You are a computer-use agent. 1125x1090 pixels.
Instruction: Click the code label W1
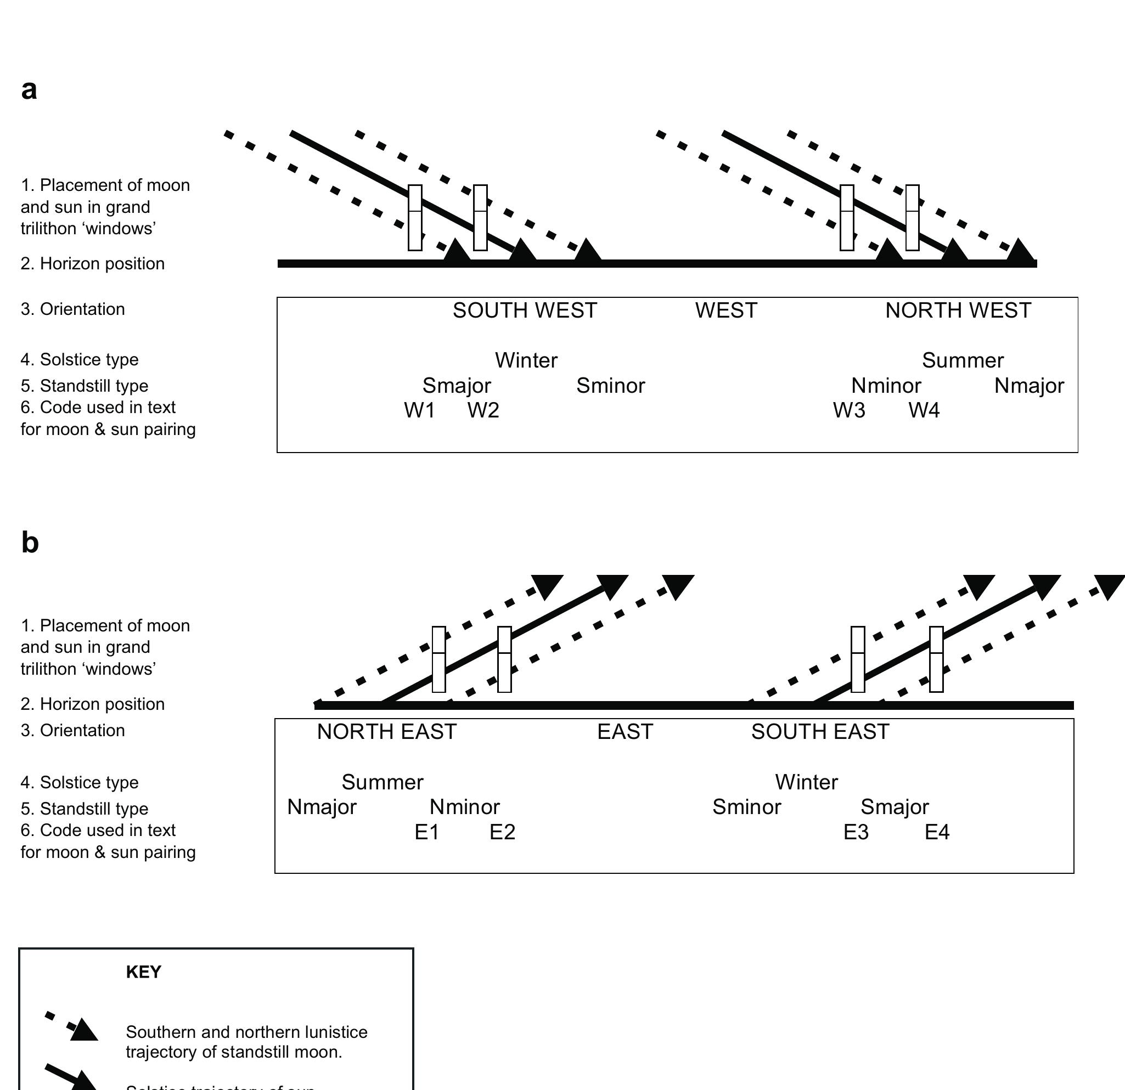click(x=420, y=411)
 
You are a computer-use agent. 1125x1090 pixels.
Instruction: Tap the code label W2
click(x=483, y=411)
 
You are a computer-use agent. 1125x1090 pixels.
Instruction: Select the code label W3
click(x=849, y=411)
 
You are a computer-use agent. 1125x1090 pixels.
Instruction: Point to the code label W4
click(x=924, y=411)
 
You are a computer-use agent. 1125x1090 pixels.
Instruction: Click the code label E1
click(x=427, y=832)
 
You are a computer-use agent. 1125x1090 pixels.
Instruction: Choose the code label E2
click(x=502, y=832)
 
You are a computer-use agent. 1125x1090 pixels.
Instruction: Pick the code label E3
click(x=856, y=832)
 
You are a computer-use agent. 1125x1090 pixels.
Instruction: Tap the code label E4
click(x=937, y=832)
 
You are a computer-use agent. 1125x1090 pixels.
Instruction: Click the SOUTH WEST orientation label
click(x=525, y=311)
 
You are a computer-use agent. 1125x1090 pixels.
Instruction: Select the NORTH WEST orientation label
click(x=958, y=311)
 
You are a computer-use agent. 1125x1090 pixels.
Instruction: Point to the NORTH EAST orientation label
click(x=387, y=732)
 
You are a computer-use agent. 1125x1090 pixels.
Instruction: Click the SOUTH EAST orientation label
click(x=820, y=732)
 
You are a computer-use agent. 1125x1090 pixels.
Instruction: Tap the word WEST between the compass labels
click(x=726, y=311)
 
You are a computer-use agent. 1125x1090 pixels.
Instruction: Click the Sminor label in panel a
click(x=611, y=386)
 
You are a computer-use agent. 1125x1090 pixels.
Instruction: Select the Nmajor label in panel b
click(x=322, y=807)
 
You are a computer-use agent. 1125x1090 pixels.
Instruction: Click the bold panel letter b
click(x=30, y=543)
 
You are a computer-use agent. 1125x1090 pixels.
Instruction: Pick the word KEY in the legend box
click(x=143, y=972)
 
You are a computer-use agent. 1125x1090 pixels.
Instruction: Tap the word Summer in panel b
click(x=383, y=782)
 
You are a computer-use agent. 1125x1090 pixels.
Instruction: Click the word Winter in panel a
click(x=526, y=361)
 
